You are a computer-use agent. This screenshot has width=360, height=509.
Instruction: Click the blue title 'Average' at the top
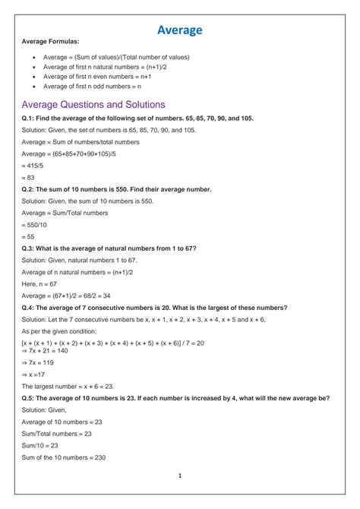pyautogui.click(x=180, y=30)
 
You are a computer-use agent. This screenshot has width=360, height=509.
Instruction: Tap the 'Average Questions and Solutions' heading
pyautogui.click(x=93, y=104)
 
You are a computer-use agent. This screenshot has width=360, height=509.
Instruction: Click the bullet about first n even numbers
pyautogui.click(x=96, y=77)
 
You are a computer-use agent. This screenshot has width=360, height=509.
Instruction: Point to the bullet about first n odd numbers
pyautogui.click(x=92, y=87)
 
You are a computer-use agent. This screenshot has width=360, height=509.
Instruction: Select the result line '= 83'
pyautogui.click(x=29, y=177)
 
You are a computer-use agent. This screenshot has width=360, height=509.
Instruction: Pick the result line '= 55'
pyautogui.click(x=29, y=236)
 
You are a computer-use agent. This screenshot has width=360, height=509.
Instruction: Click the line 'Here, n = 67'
pyautogui.click(x=43, y=283)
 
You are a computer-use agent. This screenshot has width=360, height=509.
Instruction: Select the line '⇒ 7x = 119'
pyautogui.click(x=39, y=362)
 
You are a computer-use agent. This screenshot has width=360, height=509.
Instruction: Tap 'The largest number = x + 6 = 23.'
pyautogui.click(x=68, y=386)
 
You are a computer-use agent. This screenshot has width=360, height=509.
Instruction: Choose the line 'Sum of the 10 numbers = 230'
pyautogui.click(x=64, y=457)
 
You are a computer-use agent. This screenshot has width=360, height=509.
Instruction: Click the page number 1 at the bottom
pyautogui.click(x=180, y=476)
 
